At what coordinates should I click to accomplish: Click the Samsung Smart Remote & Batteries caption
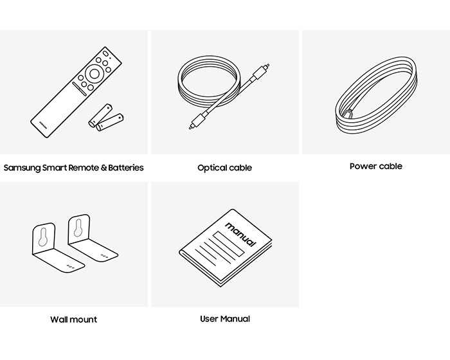click(73, 168)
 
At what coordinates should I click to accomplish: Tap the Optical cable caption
click(225, 168)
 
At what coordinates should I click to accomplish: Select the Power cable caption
click(376, 166)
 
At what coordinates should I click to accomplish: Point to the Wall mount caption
click(73, 319)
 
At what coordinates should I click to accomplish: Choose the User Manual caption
click(225, 319)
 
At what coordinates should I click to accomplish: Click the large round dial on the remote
click(94, 73)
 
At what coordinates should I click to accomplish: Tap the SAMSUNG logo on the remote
click(43, 125)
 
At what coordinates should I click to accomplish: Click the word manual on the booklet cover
click(240, 234)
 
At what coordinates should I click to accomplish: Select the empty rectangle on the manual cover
click(228, 244)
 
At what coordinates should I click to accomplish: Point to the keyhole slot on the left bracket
click(44, 237)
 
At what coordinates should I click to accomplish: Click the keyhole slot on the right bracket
click(78, 228)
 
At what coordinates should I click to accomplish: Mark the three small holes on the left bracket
click(70, 267)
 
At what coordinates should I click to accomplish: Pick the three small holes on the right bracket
click(104, 256)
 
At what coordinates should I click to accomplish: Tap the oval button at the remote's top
click(105, 53)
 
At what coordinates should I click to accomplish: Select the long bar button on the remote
click(79, 89)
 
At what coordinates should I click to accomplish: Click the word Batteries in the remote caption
click(126, 168)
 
